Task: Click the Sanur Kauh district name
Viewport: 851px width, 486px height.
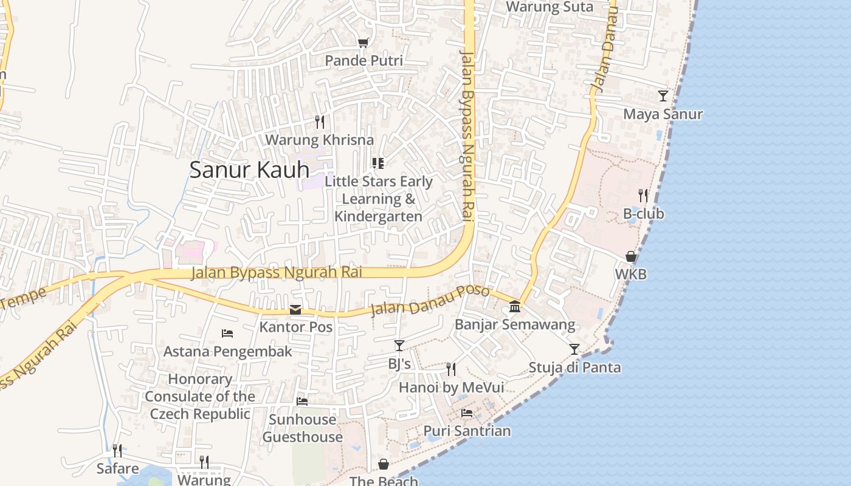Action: point(249,169)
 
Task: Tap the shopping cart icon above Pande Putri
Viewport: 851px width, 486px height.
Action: point(363,43)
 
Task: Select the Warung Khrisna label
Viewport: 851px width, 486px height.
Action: point(319,140)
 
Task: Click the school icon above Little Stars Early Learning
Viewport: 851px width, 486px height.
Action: point(378,163)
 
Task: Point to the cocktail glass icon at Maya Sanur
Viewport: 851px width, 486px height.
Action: point(663,96)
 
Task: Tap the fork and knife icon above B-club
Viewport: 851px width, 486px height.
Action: point(643,196)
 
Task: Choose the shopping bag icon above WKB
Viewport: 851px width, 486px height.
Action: point(631,256)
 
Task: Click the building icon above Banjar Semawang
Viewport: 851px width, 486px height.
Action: point(515,306)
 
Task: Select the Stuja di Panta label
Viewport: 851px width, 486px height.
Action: point(574,368)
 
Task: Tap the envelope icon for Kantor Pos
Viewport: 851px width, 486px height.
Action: point(295,310)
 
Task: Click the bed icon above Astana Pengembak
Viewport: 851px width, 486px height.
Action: point(227,334)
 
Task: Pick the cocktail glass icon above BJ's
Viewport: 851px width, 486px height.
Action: point(399,346)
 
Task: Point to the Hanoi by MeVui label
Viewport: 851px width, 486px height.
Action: point(451,388)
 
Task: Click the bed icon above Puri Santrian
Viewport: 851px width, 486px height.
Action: point(467,413)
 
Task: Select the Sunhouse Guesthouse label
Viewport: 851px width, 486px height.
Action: point(302,428)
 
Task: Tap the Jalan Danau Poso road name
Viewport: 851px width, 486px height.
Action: point(430,300)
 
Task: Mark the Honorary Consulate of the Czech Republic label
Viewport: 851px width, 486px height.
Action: point(200,397)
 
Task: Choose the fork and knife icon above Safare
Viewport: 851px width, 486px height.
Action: point(117,450)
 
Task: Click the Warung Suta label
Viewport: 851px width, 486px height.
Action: point(550,7)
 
